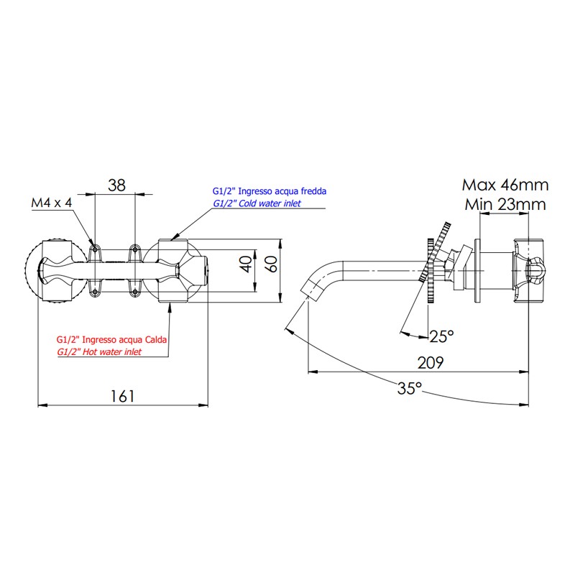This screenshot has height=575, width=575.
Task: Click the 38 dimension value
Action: pos(116,185)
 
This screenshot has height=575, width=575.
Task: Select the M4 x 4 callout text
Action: pos(52,203)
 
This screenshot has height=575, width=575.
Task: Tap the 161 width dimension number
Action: pos(122,397)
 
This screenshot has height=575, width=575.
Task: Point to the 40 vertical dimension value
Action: pos(247,264)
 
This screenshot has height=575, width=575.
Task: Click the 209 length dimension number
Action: pos(431,363)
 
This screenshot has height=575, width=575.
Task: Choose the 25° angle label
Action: pos(441,336)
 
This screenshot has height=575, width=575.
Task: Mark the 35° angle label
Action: pos(410,388)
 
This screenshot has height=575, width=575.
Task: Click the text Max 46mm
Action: pos(505,185)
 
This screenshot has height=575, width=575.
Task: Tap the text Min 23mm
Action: pos(505,204)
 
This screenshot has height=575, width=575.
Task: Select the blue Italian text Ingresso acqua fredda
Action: pos(282,191)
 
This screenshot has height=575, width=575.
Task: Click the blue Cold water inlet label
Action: pos(270,203)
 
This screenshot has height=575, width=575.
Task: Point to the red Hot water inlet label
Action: pos(112,352)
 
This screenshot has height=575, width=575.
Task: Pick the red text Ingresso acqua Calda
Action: pos(124,339)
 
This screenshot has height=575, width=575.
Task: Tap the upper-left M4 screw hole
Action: pos(95,249)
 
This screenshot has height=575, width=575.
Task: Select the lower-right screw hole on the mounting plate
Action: pos(135,292)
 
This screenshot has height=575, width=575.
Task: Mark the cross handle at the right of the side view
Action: pos(528,271)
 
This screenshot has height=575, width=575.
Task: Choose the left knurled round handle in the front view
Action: pos(55,271)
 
